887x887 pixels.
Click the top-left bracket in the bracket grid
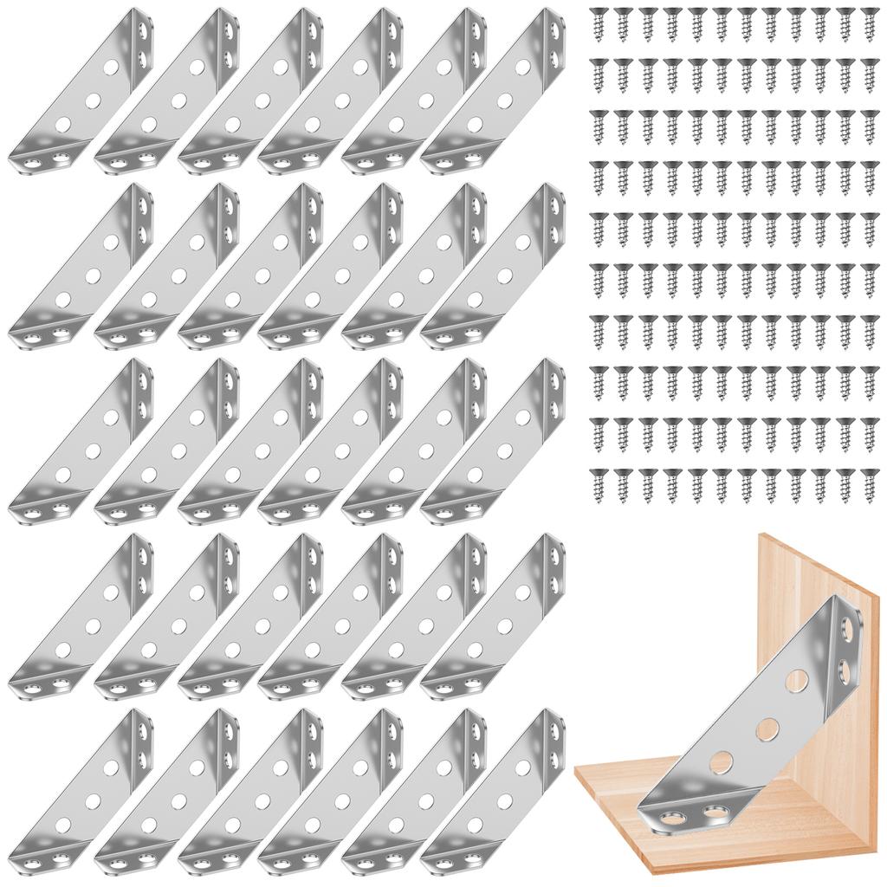pyautogui.click(x=82, y=91)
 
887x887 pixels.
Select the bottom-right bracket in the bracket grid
pyautogui.click(x=494, y=793)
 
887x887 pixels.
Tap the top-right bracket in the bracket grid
pyautogui.click(x=494, y=91)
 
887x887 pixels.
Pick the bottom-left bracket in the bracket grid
pyautogui.click(x=82, y=793)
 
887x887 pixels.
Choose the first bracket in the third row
pyautogui.click(x=82, y=442)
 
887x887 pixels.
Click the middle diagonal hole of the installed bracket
pyautogui.click(x=766, y=728)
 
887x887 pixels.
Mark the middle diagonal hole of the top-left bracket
pyautogui.click(x=87, y=95)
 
